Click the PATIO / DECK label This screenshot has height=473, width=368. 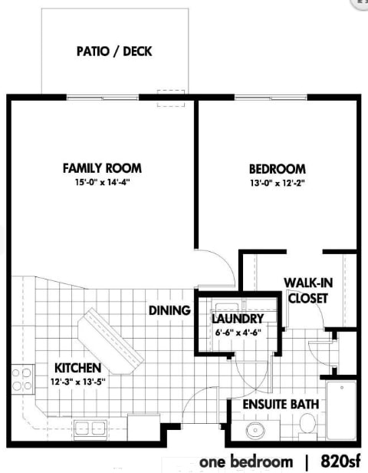click(114, 52)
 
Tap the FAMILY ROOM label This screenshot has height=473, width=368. click(102, 168)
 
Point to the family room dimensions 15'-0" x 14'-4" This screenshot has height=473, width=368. click(102, 183)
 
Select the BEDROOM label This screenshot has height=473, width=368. click(277, 169)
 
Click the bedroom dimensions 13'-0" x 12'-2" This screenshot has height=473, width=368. click(277, 184)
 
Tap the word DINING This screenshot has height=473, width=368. click(169, 310)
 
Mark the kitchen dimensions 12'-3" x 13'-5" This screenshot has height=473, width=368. click(77, 382)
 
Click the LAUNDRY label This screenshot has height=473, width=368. click(238, 319)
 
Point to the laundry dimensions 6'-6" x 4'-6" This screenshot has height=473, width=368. click(238, 332)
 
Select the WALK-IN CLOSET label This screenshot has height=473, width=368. click(307, 289)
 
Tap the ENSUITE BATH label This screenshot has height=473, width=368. click(281, 404)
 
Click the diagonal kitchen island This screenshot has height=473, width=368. click(113, 340)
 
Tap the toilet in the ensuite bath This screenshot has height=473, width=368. click(307, 423)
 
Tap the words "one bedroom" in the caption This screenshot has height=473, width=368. click(246, 461)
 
